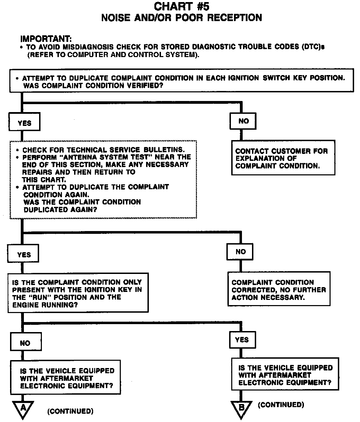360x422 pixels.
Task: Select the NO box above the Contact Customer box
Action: click(243, 121)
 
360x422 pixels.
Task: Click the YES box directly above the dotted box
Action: click(24, 123)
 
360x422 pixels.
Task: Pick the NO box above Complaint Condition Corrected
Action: click(240, 252)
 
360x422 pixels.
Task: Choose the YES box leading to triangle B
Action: click(242, 340)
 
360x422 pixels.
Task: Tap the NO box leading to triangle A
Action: click(25, 343)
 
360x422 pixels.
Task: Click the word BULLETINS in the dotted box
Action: click(163, 150)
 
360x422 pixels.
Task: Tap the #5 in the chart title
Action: click(201, 6)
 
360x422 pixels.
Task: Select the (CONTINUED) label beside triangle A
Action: click(70, 411)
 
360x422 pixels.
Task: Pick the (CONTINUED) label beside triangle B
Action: click(281, 404)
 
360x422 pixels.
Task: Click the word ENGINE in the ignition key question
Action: click(25, 305)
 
